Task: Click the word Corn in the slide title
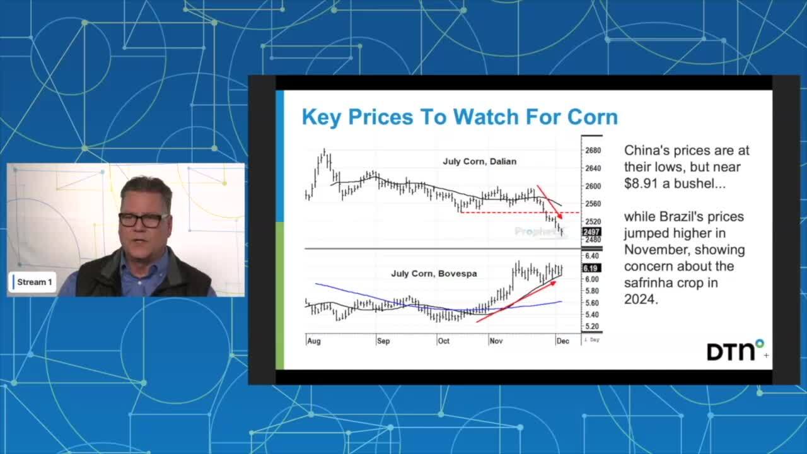click(592, 117)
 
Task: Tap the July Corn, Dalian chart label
click(479, 161)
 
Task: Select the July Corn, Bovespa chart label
click(434, 274)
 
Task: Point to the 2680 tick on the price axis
click(593, 151)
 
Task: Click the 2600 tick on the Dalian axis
click(593, 186)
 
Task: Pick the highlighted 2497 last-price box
click(593, 232)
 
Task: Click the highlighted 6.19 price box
click(591, 268)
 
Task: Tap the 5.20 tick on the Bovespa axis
click(591, 327)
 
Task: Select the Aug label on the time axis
click(313, 341)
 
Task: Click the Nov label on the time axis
click(496, 341)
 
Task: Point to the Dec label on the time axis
click(562, 341)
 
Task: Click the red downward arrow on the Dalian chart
click(549, 202)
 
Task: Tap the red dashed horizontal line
click(504, 212)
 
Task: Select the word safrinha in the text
click(649, 282)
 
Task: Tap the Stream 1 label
click(34, 282)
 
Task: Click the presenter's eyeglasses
click(143, 219)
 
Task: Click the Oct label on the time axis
click(443, 341)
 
